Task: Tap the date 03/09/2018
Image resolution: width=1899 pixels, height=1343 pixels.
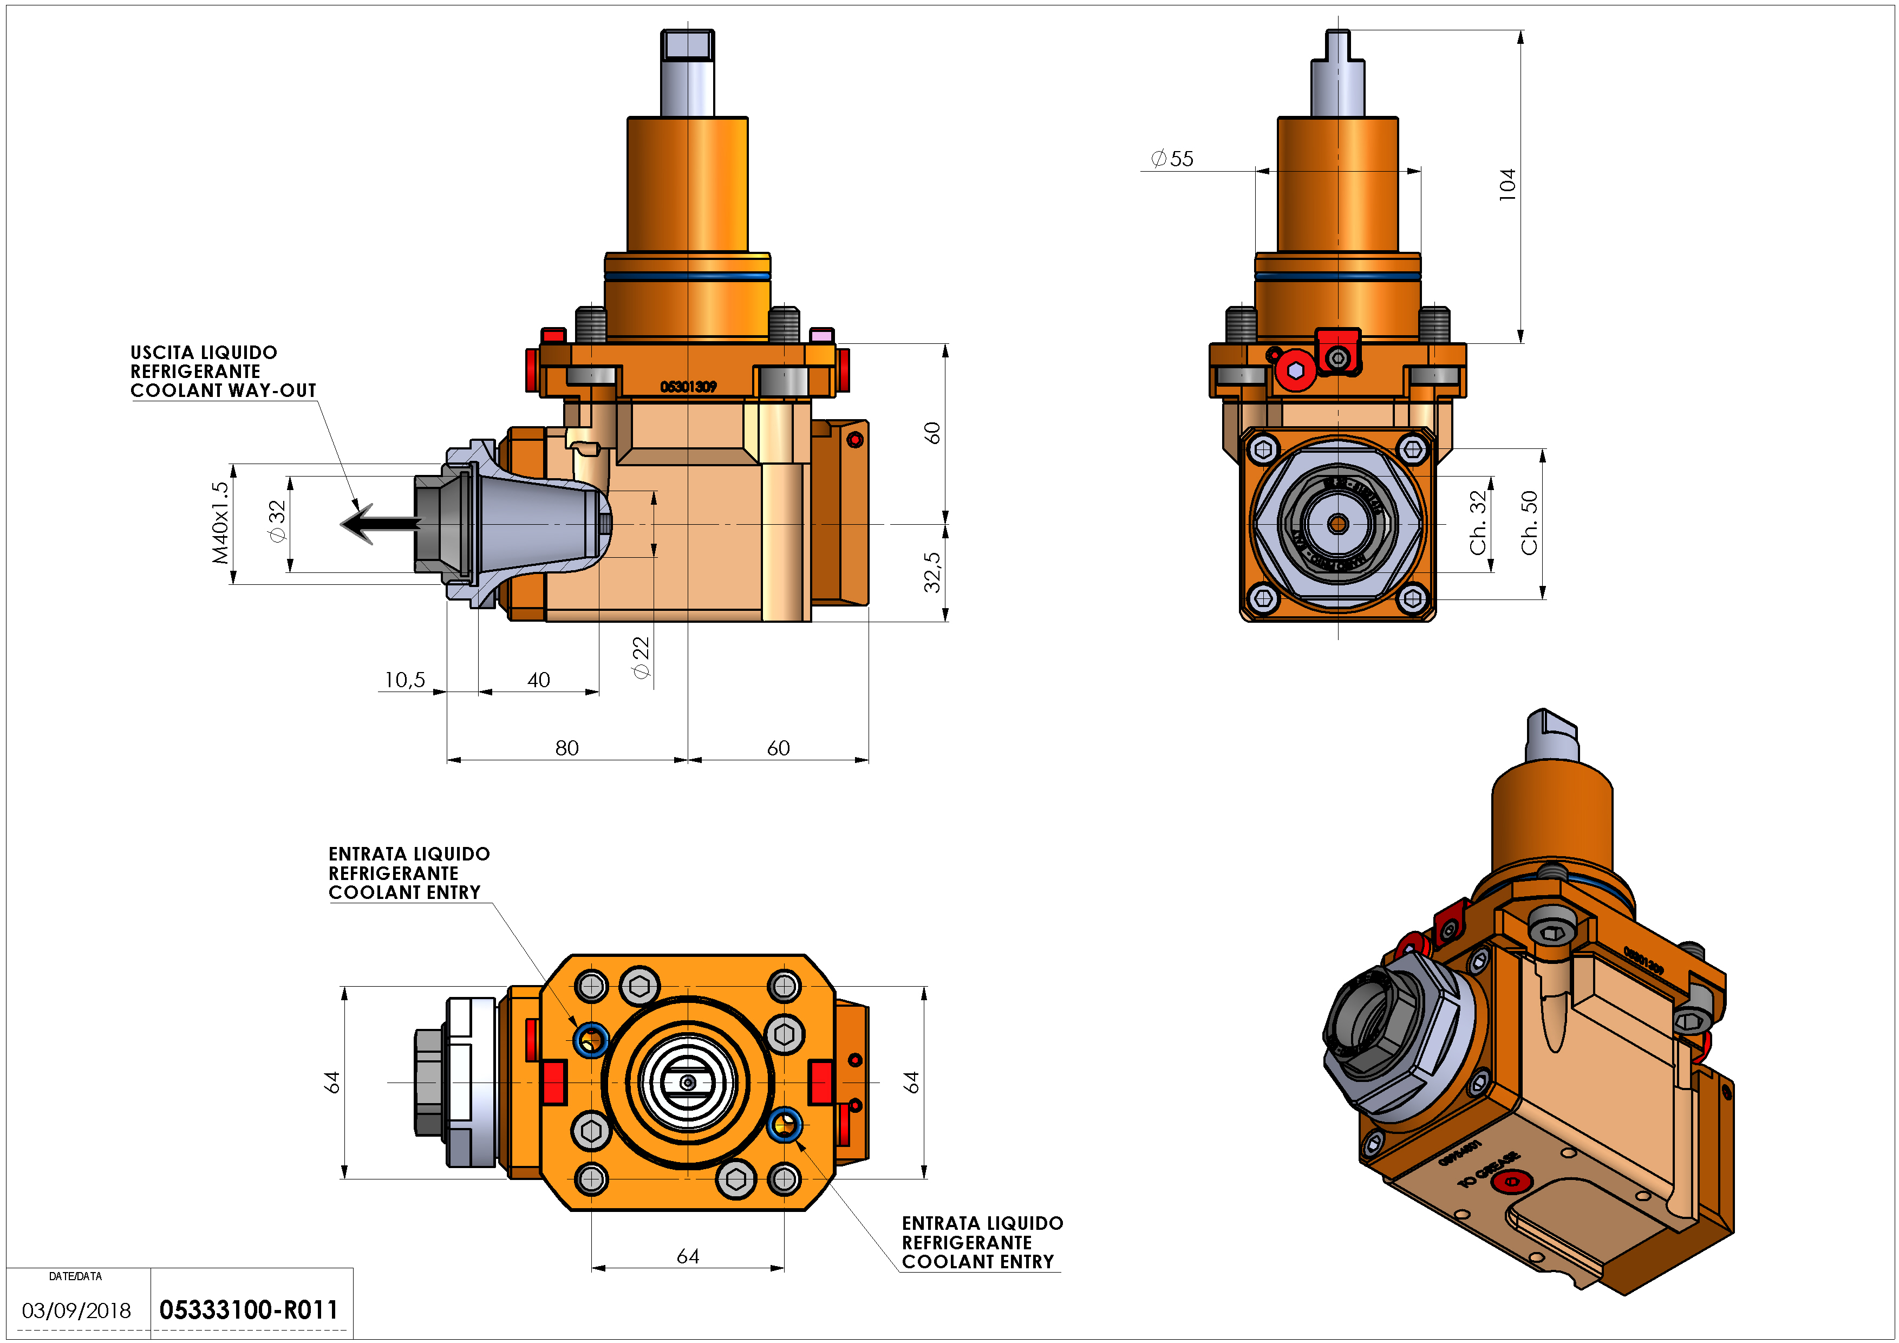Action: [76, 1311]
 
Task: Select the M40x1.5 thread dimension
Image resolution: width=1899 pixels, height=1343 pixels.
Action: [220, 524]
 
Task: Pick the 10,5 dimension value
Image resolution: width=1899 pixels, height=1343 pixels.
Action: [404, 680]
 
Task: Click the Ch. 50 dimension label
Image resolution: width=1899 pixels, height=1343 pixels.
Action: [1529, 524]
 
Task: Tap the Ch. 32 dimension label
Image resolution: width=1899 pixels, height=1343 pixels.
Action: [1479, 524]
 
